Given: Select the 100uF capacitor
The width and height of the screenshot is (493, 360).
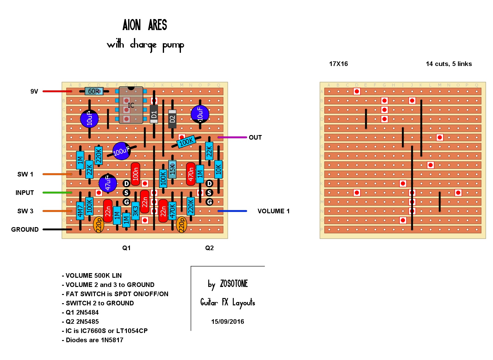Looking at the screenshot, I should pyautogui.click(x=121, y=151).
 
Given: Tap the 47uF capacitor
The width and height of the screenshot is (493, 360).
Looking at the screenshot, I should pyautogui.click(x=108, y=183).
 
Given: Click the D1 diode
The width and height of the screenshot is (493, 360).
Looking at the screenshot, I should pyautogui.click(x=154, y=114).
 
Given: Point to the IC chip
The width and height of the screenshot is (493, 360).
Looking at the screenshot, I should pyautogui.click(x=131, y=105).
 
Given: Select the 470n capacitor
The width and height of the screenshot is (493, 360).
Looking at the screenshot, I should pyautogui.click(x=191, y=174).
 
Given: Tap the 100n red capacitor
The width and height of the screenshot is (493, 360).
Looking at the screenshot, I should pyautogui.click(x=135, y=174).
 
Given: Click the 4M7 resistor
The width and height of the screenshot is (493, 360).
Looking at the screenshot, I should pyautogui.click(x=80, y=211).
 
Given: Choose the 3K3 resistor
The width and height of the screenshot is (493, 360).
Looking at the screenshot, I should pyautogui.click(x=135, y=211).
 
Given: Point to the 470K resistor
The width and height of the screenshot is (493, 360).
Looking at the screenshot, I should pyautogui.click(x=172, y=211).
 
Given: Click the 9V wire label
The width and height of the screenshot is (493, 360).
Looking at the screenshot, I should pyautogui.click(x=34, y=91).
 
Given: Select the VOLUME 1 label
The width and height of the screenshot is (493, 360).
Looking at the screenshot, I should pyautogui.click(x=273, y=211).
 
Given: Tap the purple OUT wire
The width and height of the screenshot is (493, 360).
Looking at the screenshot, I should pyautogui.click(x=232, y=137).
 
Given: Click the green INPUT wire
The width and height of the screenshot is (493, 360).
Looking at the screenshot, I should pyautogui.click(x=57, y=192).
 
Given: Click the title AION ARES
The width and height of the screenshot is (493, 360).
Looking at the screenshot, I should pyautogui.click(x=145, y=25).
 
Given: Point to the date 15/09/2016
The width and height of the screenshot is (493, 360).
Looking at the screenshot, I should pyautogui.click(x=228, y=322).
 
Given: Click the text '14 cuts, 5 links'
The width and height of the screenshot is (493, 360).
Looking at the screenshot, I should pyautogui.click(x=449, y=64).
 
